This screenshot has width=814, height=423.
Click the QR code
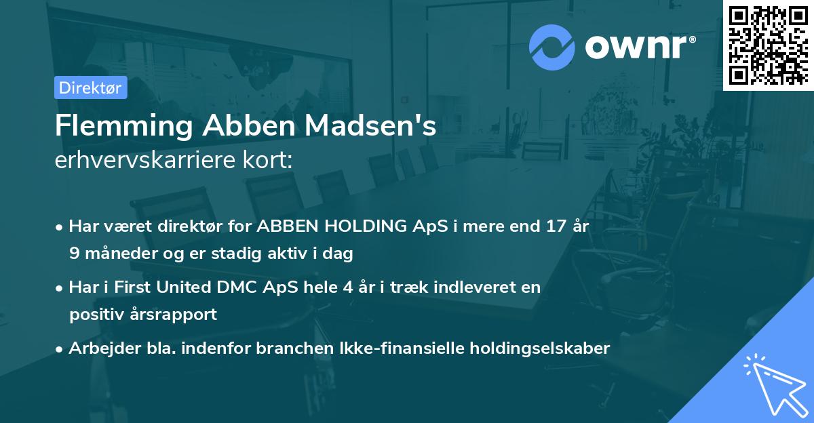point(768,45)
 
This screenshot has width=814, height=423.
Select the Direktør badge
point(91,87)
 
